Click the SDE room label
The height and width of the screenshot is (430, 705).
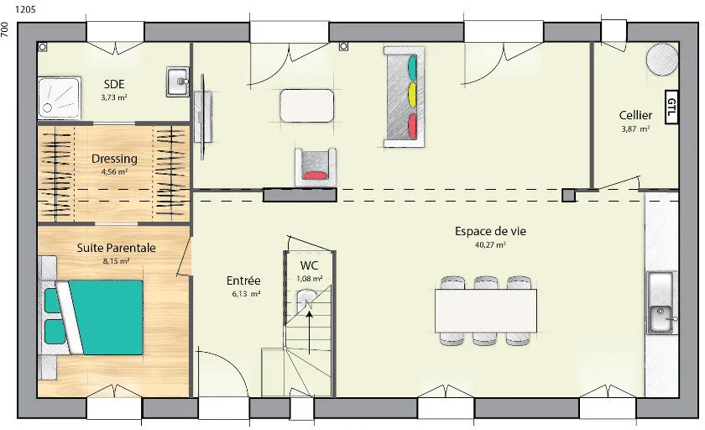[114, 84]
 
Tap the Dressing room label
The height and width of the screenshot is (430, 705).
[114, 159]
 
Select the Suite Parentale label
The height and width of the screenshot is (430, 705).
[116, 248]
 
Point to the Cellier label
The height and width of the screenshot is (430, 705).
[635, 115]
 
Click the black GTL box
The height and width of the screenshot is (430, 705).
[671, 107]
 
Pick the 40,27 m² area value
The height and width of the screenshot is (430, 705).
[490, 244]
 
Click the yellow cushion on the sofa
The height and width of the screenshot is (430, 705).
[412, 95]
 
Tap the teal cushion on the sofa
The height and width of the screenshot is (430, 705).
[412, 68]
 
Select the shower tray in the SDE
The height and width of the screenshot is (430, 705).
[59, 98]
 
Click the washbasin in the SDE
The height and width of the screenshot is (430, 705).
[178, 81]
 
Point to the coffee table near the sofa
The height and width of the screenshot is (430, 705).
[306, 106]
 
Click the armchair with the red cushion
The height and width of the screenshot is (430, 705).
[316, 167]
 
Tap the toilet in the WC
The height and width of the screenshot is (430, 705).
[306, 302]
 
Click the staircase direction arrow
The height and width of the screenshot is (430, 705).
[310, 332]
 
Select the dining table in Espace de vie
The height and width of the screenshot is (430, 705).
[486, 311]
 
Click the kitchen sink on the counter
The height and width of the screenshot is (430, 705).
[661, 302]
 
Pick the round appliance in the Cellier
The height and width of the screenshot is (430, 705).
[662, 59]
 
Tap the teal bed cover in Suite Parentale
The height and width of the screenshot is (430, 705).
[106, 317]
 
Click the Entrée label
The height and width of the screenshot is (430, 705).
[243, 281]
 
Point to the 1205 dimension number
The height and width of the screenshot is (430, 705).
[26, 9]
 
